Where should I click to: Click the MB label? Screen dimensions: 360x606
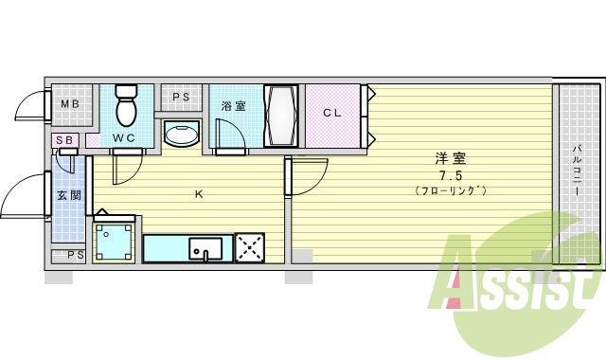[70, 105]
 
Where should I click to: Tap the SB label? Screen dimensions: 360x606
[64, 141]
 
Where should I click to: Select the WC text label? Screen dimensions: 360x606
[124, 138]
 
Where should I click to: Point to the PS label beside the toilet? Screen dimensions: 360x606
[181, 97]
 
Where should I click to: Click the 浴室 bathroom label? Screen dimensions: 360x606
[233, 106]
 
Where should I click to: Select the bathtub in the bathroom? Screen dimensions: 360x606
[282, 117]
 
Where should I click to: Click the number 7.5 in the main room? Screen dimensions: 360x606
[450, 176]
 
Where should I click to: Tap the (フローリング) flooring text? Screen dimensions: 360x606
[450, 191]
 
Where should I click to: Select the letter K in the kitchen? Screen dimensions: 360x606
[198, 195]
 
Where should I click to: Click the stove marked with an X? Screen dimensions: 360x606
[250, 248]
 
